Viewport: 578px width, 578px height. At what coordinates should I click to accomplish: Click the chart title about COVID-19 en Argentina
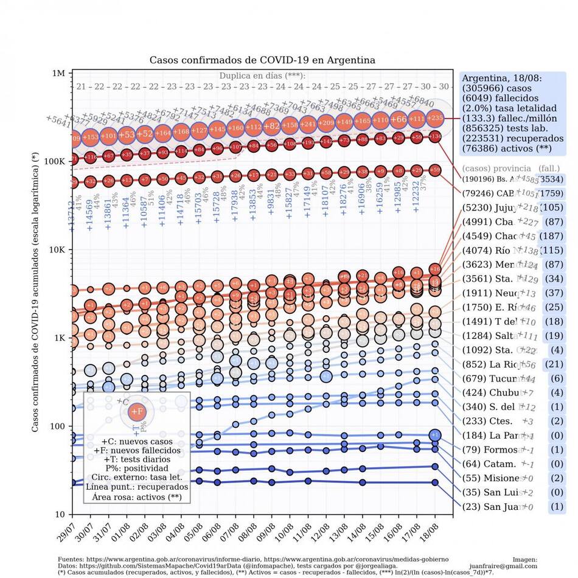(x=262, y=60)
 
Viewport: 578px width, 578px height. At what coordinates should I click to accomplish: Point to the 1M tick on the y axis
(x=59, y=74)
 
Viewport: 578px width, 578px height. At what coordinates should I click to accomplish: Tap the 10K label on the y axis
(x=57, y=250)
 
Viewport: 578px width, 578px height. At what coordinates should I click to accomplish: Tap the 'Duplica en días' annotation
(x=262, y=76)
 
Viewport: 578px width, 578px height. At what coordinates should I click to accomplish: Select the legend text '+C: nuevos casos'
(x=137, y=441)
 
